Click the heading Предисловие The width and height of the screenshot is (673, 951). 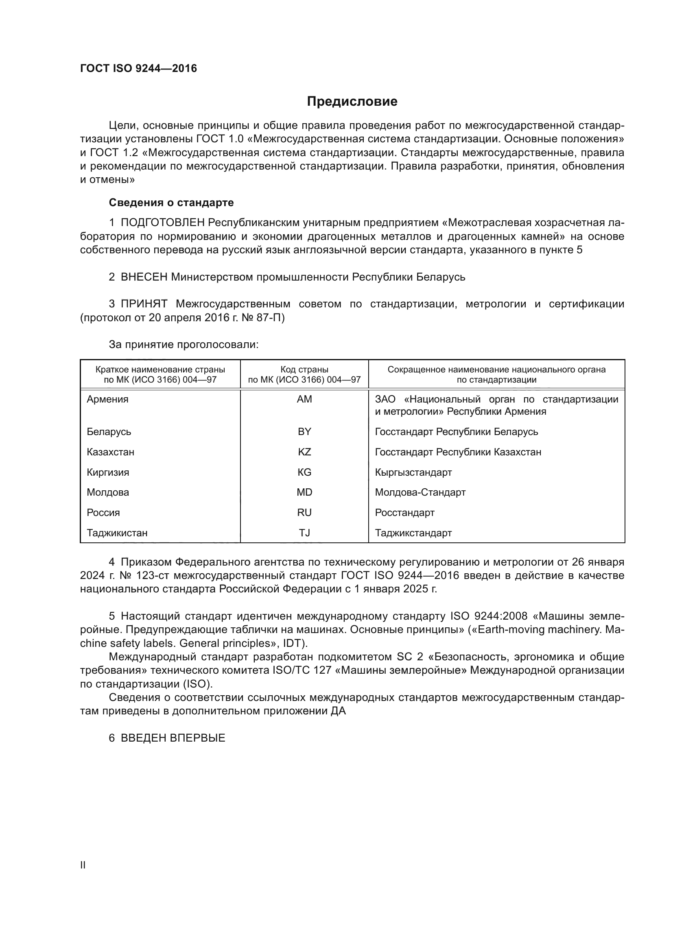click(x=352, y=102)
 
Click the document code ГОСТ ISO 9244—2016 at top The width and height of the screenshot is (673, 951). click(x=138, y=69)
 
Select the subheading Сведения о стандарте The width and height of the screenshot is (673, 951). click(x=171, y=202)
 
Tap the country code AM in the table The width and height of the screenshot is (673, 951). click(x=304, y=399)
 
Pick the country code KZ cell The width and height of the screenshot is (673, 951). click(x=304, y=452)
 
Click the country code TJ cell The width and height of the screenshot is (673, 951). click(x=304, y=533)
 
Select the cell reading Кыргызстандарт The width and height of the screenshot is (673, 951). click(x=413, y=472)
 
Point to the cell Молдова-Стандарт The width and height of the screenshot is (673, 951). click(x=420, y=492)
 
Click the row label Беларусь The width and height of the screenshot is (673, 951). click(x=109, y=432)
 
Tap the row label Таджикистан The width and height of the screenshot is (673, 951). click(x=117, y=533)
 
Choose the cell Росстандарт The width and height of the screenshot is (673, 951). click(x=404, y=513)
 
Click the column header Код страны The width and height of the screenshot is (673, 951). click(x=304, y=370)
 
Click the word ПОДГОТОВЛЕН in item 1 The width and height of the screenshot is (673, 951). click(x=162, y=223)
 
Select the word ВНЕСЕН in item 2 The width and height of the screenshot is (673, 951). click(x=144, y=277)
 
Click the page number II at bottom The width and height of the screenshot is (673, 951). click(x=83, y=865)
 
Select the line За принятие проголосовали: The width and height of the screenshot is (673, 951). click(x=184, y=345)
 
